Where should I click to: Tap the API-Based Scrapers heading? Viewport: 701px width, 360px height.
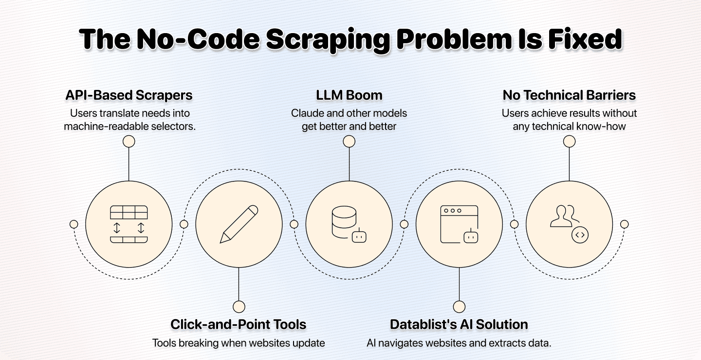[x=129, y=95]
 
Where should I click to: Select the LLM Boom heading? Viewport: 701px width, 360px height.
[x=349, y=95]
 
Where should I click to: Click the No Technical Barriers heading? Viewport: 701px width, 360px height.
[x=569, y=95]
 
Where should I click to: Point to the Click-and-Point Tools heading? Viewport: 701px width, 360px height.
[x=239, y=324]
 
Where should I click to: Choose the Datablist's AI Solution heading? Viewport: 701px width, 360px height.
[x=459, y=324]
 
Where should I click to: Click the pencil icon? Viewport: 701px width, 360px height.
[x=239, y=224]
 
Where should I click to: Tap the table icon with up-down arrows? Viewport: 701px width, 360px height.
[x=129, y=224]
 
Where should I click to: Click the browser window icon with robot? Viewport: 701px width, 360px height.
[x=459, y=224]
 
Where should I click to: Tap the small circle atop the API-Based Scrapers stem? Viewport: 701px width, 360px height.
[x=129, y=142]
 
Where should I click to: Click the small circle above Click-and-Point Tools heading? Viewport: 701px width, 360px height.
[x=239, y=306]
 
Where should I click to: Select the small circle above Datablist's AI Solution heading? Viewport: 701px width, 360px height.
[x=459, y=306]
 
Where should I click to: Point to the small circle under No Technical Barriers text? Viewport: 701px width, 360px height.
[x=569, y=142]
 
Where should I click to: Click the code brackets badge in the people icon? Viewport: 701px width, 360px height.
[x=580, y=235]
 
